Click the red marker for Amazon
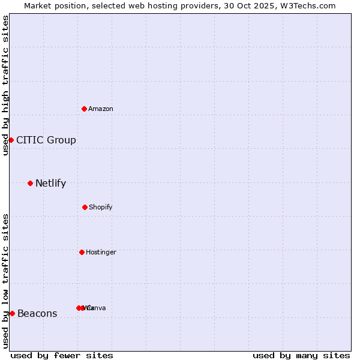(x=85, y=109)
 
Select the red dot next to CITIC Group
(x=11, y=140)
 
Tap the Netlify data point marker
(x=30, y=183)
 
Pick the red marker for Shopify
(x=85, y=207)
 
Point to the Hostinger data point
(x=82, y=252)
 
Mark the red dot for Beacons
(x=12, y=313)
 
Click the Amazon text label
(x=101, y=109)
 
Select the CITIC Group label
(x=46, y=140)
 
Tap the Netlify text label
(x=50, y=184)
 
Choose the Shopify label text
(x=101, y=207)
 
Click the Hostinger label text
(x=101, y=252)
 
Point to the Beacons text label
(x=37, y=314)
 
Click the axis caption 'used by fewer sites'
(x=62, y=355)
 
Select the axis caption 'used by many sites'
(x=301, y=355)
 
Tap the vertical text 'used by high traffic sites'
(x=5, y=85)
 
